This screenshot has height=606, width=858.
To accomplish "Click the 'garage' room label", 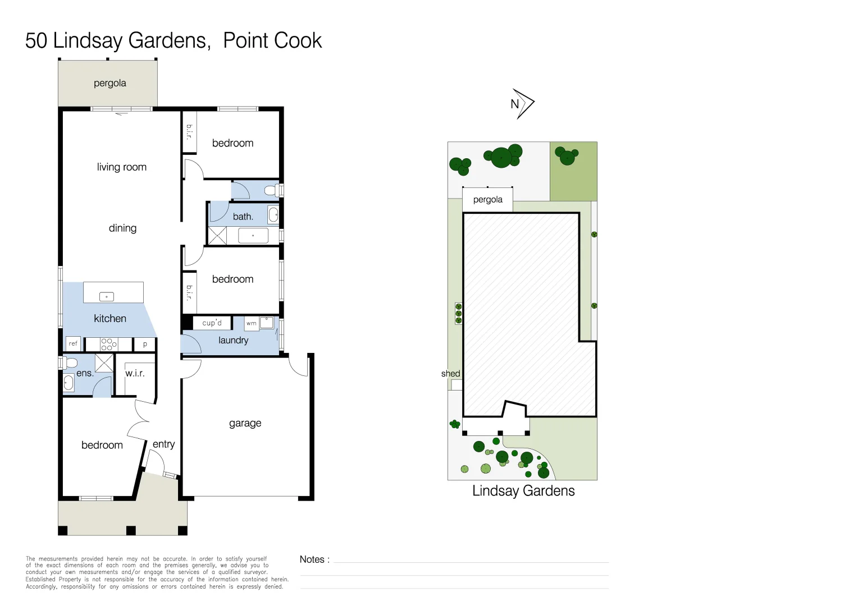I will (x=245, y=423).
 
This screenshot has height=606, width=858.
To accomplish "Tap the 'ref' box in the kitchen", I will (x=73, y=343).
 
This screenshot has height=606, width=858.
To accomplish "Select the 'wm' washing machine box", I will (x=252, y=323).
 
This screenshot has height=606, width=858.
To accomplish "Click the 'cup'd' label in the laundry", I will (x=212, y=323).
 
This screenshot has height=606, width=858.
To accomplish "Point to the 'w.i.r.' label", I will (x=135, y=373).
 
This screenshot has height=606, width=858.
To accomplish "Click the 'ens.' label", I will (x=84, y=373).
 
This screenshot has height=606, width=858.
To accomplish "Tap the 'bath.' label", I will (x=243, y=217).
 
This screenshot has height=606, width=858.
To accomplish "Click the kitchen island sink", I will (x=107, y=297).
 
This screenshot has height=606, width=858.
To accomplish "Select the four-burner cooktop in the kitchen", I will (x=109, y=344).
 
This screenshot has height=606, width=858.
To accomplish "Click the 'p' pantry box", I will (x=145, y=344).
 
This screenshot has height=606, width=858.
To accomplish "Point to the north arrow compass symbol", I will (x=522, y=104).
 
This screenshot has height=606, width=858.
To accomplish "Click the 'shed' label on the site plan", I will (x=450, y=374).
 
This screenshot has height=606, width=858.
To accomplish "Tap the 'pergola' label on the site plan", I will (x=487, y=200).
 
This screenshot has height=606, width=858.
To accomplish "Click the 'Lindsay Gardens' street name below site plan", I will (x=523, y=491).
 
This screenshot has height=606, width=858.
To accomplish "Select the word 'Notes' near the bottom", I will (x=312, y=559).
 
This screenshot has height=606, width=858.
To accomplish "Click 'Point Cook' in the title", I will (x=272, y=41).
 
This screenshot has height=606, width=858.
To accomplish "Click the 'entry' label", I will (x=163, y=444).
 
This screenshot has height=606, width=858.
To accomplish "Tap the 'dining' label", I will (x=122, y=228).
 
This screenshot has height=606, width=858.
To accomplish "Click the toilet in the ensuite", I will (x=70, y=362).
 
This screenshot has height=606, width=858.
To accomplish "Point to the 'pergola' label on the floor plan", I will (x=109, y=83).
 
